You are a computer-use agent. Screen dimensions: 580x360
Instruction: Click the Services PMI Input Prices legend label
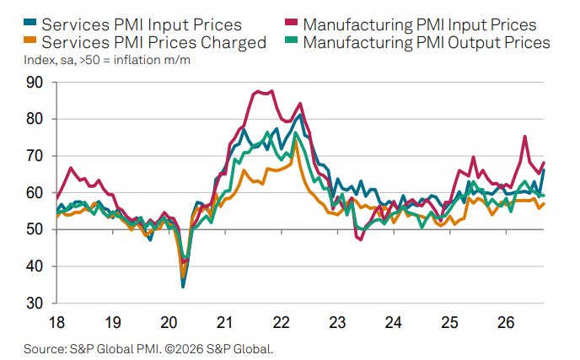click(x=142, y=24)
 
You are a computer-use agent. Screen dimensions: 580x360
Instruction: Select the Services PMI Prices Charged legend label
click(x=154, y=42)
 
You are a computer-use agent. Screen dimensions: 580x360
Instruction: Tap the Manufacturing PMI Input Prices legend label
click(x=420, y=24)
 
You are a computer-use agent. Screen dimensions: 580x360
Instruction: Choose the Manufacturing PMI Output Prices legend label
click(x=427, y=42)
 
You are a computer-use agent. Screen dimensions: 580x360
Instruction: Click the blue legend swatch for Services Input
click(x=30, y=22)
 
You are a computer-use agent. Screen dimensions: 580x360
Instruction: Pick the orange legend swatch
click(x=30, y=40)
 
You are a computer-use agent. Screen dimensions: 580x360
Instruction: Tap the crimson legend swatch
click(x=291, y=22)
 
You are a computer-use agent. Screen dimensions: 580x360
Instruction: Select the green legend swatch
click(x=291, y=40)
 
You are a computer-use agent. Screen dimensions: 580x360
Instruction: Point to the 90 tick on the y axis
click(x=35, y=82)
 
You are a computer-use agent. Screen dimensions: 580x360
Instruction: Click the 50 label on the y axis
click(x=35, y=229)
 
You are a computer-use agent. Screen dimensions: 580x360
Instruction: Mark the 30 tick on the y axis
click(x=35, y=304)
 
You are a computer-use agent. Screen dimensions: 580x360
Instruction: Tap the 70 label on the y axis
click(x=35, y=156)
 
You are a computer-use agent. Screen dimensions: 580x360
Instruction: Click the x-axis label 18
click(x=56, y=323)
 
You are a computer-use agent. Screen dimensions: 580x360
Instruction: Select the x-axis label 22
click(x=281, y=323)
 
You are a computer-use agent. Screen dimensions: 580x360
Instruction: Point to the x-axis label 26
click(x=506, y=323)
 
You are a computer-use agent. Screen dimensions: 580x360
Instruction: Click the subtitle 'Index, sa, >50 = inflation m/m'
click(x=107, y=60)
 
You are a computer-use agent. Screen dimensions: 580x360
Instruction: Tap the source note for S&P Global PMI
click(x=148, y=349)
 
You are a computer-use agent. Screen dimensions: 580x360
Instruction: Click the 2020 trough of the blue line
click(x=183, y=287)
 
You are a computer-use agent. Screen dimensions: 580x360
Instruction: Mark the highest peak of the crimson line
click(x=272, y=91)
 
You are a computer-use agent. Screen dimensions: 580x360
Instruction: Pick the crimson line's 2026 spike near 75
click(x=525, y=137)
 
